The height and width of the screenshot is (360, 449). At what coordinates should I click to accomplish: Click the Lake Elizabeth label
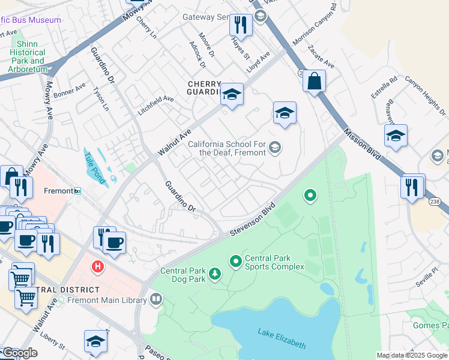(282, 338)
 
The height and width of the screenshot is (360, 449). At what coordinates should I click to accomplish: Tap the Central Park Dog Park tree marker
(215, 275)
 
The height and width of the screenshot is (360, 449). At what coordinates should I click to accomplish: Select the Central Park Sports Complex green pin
(236, 261)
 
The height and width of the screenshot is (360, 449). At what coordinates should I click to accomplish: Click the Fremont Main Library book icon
(156, 298)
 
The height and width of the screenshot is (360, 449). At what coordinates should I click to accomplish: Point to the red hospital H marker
(96, 265)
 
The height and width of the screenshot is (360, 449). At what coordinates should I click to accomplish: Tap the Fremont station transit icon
(77, 191)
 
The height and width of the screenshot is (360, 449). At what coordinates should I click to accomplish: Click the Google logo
(19, 353)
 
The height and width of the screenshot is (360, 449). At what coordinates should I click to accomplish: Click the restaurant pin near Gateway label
(240, 25)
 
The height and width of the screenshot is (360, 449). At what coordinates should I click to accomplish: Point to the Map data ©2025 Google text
(412, 355)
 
